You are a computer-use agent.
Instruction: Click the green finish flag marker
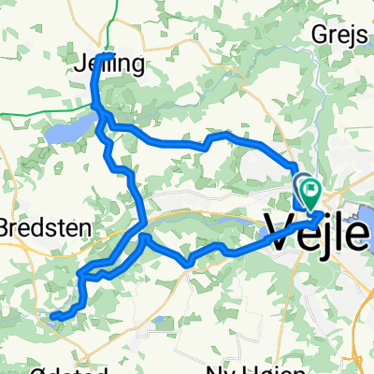(x=309, y=188)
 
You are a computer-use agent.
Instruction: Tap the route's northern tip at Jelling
(x=110, y=55)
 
